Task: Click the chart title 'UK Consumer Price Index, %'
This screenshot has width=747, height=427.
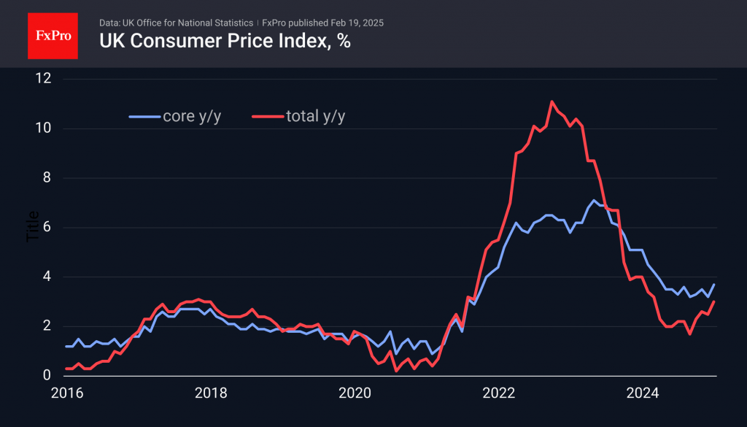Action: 225,42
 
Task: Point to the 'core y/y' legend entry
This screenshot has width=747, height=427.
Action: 174,116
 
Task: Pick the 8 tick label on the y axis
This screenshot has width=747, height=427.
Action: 46,178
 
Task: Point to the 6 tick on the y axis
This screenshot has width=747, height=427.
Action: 46,228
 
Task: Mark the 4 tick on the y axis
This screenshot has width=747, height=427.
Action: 46,277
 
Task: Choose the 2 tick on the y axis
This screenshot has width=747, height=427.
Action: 46,326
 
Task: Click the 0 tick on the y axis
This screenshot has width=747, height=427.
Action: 46,375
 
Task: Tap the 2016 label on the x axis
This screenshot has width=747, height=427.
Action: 66,393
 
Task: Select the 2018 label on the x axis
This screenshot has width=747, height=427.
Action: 211,393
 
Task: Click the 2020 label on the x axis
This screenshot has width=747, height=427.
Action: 355,393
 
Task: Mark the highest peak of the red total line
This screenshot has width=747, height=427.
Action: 552,101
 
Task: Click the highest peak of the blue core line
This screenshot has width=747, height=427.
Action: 594,200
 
